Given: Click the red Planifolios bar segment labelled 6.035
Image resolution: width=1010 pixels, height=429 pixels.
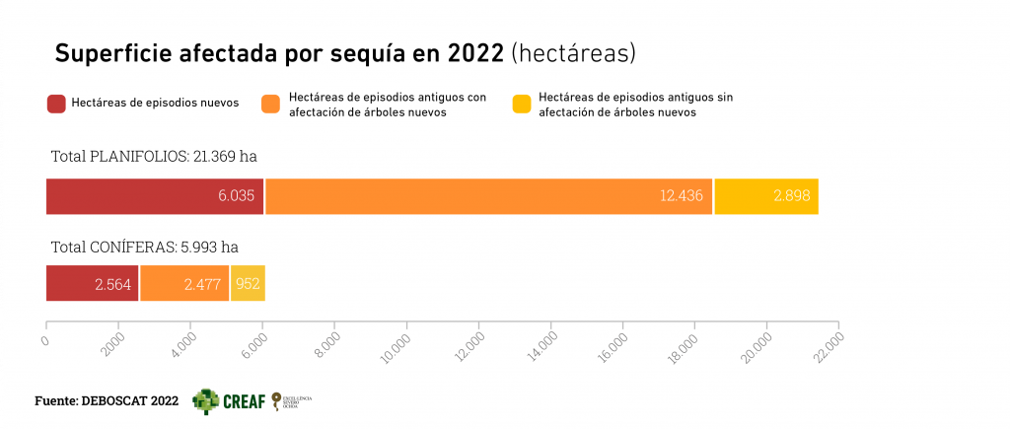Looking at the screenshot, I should click(x=155, y=196).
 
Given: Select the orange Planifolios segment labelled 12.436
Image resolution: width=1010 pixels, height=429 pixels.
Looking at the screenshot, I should click(x=488, y=196).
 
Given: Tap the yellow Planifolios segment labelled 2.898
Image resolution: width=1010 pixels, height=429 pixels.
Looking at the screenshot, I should click(x=766, y=196).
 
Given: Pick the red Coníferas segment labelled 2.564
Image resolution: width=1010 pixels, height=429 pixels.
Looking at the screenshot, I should click(x=92, y=283).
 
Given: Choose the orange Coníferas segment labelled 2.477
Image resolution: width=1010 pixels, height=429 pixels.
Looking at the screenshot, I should click(x=183, y=283).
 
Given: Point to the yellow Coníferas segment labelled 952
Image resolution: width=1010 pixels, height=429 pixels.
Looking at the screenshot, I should click(x=248, y=283).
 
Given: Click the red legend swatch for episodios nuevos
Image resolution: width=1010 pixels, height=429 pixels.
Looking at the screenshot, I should click(x=56, y=104).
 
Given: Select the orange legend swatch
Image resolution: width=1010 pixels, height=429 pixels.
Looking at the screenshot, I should click(x=271, y=104).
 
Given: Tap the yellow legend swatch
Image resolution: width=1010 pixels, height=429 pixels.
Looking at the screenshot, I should click(x=522, y=104).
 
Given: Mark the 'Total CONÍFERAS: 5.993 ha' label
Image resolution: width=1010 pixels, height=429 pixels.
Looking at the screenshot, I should click(x=144, y=247).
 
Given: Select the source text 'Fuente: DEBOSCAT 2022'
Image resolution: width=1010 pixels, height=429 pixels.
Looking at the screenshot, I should click(x=107, y=401).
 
